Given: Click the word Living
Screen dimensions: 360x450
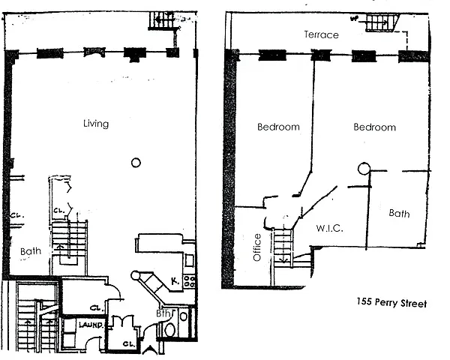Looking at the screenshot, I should click(97, 124).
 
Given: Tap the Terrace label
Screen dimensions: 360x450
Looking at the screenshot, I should click(321, 34).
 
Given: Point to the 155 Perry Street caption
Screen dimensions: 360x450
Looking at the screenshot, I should click(390, 304).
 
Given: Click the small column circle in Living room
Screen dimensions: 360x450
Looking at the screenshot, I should click(136, 161).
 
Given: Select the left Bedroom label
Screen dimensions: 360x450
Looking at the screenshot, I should click(278, 127).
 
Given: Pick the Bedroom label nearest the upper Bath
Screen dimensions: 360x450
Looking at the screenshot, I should click(374, 127).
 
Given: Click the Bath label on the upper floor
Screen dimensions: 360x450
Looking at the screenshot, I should click(399, 214).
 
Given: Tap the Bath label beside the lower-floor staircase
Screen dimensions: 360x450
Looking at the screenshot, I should click(31, 252).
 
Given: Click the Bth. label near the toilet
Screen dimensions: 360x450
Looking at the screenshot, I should click(164, 313).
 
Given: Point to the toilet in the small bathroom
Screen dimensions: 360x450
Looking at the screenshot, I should click(169, 328).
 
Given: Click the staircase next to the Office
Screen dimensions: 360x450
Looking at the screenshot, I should click(283, 246).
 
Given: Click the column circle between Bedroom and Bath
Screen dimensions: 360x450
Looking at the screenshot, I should click(364, 169).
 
